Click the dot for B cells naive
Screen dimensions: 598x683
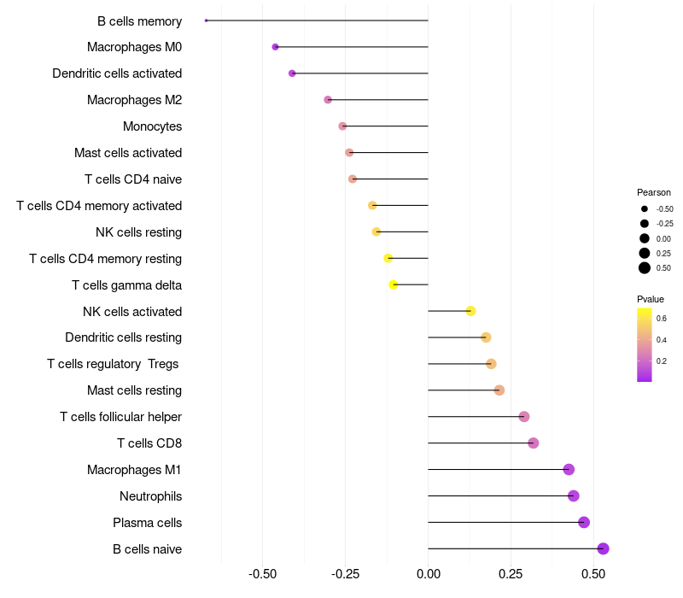coord(603,548)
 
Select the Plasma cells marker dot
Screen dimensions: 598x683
coord(584,522)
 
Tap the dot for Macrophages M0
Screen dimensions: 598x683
coord(275,47)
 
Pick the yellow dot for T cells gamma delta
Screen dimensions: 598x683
coord(394,284)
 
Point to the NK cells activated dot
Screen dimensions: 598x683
coord(470,311)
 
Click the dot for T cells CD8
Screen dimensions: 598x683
coord(534,443)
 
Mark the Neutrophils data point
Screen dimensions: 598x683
coord(574,495)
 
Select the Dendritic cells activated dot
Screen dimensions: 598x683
coord(292,73)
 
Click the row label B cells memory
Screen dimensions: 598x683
coord(139,21)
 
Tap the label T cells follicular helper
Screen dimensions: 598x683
coord(120,417)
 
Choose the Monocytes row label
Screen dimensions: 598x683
coord(152,126)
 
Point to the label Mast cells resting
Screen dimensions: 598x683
coord(134,390)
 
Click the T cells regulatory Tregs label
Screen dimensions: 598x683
coord(113,364)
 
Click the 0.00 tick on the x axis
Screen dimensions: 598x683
coord(428,573)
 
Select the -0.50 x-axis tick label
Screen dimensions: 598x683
coord(263,573)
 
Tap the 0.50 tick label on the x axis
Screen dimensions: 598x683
coord(593,573)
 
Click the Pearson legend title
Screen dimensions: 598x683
coord(654,192)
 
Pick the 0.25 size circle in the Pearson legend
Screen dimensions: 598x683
coord(645,253)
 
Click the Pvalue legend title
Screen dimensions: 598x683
coord(651,299)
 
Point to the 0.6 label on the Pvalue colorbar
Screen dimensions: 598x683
coord(662,318)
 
